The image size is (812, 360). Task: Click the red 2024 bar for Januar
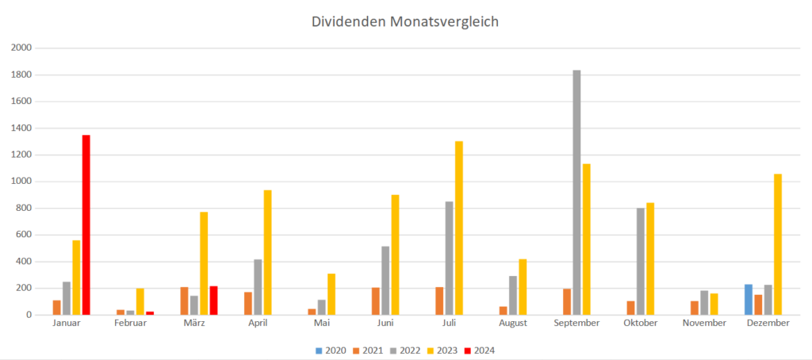[86, 225]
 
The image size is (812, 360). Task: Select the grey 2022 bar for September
[576, 193]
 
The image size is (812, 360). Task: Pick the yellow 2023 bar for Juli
[459, 228]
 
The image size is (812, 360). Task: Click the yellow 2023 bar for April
[268, 252]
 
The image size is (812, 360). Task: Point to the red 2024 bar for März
[213, 301]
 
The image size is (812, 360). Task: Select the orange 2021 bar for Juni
[376, 301]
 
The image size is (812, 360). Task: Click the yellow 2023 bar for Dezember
[778, 244]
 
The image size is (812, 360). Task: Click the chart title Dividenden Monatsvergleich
[405, 22]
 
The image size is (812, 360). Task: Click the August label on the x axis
[514, 324]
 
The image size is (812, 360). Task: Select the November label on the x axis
[704, 324]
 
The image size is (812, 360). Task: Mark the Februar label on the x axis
[131, 324]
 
